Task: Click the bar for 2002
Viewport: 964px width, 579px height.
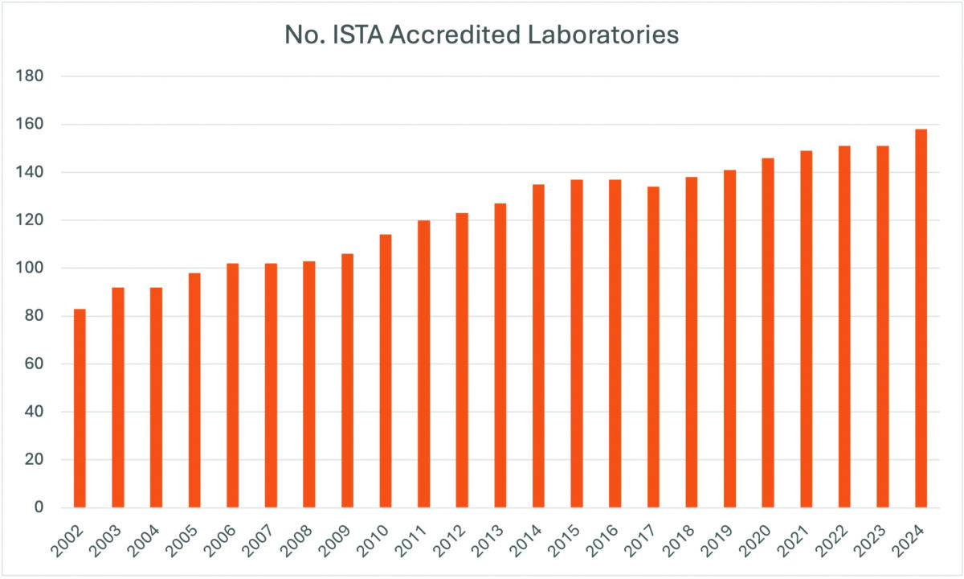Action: [80, 409]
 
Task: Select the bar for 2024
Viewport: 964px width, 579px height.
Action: [921, 318]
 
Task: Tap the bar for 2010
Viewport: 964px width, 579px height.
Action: [386, 371]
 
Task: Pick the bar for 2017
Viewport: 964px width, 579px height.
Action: [653, 347]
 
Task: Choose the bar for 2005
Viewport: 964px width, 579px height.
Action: [194, 390]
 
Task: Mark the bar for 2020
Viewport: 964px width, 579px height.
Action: [768, 333]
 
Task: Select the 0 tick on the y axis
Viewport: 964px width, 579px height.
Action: [38, 507]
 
